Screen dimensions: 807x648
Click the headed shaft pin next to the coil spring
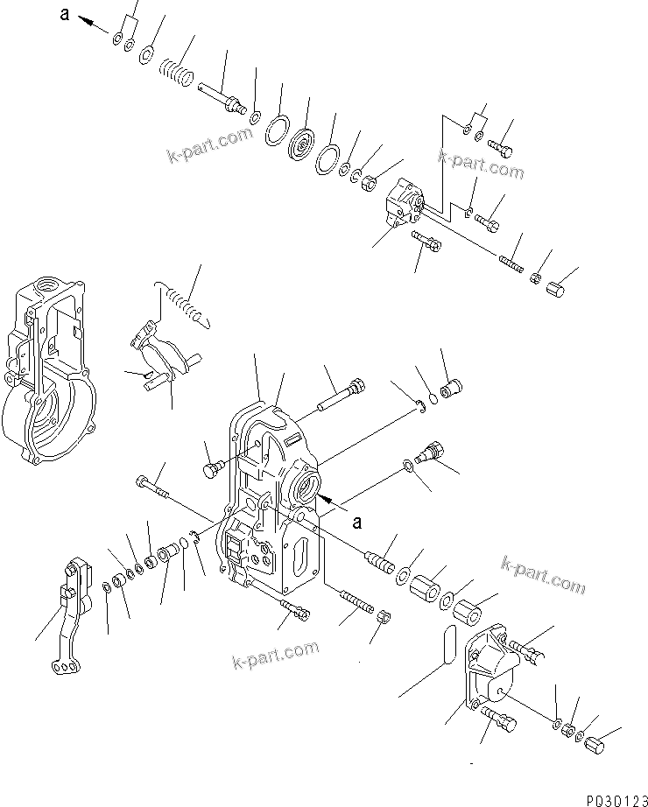(x=226, y=98)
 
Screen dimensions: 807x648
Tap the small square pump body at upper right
(x=403, y=204)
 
